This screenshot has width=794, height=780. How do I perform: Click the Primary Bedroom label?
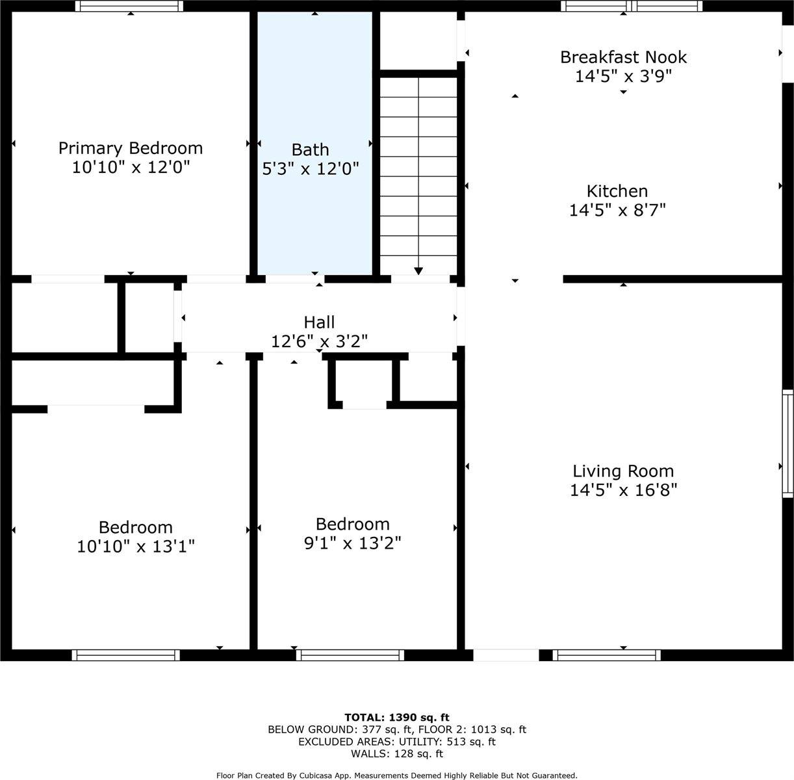[x=131, y=149]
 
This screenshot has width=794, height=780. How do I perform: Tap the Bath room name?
[x=311, y=149]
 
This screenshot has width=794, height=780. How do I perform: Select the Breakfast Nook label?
[x=623, y=57]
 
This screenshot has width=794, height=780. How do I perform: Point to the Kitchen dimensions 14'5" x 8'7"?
[x=617, y=210]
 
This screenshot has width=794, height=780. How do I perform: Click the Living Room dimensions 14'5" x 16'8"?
[x=623, y=490]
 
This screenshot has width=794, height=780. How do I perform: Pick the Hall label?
[x=319, y=322]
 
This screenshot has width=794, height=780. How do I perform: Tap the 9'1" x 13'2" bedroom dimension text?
[x=352, y=543]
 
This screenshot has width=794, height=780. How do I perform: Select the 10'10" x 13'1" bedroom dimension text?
[x=136, y=546]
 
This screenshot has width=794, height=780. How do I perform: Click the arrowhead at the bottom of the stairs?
[x=418, y=271]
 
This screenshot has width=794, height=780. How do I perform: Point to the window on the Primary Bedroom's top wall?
[x=129, y=6]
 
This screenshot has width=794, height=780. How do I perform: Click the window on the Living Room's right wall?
[x=788, y=443]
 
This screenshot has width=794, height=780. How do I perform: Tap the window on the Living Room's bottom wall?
[x=606, y=655]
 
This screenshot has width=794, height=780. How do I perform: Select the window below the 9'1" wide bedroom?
[x=350, y=655]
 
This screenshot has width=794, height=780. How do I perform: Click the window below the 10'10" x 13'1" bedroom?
[x=125, y=655]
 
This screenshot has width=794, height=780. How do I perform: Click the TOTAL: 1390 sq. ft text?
[x=397, y=718]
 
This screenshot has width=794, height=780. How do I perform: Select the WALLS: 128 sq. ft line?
[x=397, y=754]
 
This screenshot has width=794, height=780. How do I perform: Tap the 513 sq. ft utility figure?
[x=471, y=742]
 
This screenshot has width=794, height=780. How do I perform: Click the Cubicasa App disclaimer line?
[x=397, y=776]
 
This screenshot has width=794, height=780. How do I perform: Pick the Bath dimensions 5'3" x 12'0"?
[x=311, y=168]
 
